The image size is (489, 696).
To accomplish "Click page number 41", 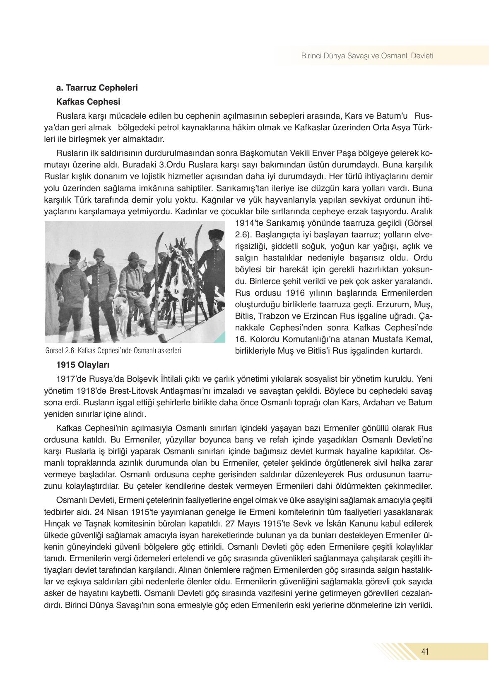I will (x=425, y=652).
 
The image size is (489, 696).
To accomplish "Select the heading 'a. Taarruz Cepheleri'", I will (x=97, y=88).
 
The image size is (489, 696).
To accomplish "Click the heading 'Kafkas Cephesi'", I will (x=88, y=101).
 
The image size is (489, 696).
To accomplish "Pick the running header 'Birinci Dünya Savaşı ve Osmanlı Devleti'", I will (x=367, y=55).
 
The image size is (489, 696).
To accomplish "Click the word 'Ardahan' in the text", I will (x=378, y=402).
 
